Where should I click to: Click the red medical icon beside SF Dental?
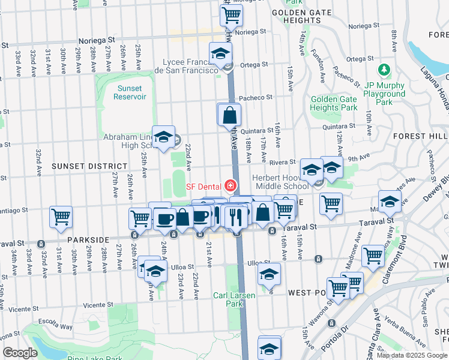pyautogui.click(x=229, y=186)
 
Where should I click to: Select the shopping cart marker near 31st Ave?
pyautogui.click(x=61, y=217)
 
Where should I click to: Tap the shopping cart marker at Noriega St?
pyautogui.click(x=231, y=15)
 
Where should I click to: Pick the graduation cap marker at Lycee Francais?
pyautogui.click(x=220, y=54)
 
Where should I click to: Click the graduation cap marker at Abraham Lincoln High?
pyautogui.click(x=163, y=137)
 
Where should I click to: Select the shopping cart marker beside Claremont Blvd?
pyautogui.click(x=373, y=256)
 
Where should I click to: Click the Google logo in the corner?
pyautogui.click(x=20, y=353)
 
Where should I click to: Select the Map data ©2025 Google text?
pyautogui.click(x=411, y=355)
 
